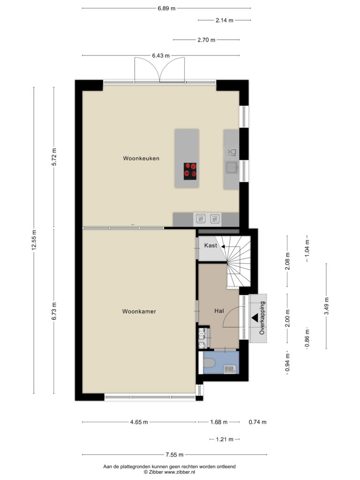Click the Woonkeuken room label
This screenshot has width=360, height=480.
(x=141, y=158)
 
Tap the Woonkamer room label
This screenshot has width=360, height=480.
(x=139, y=311)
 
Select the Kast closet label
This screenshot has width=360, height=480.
(x=210, y=245)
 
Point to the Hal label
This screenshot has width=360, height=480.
(x=219, y=311)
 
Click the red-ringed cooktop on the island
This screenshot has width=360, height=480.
(x=190, y=171)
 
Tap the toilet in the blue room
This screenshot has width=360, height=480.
(x=209, y=363)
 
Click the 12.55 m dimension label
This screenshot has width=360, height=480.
(x=34, y=240)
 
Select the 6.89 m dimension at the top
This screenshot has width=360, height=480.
(x=166, y=8)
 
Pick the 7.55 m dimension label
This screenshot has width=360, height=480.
(x=174, y=455)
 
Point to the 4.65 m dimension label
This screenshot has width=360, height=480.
(x=139, y=422)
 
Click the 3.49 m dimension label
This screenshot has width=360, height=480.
(x=327, y=306)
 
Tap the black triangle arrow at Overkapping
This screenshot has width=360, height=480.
(x=255, y=318)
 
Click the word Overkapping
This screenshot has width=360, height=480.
(x=262, y=318)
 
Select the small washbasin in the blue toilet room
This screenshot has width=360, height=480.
(x=229, y=369)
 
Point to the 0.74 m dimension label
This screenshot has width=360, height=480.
(x=257, y=422)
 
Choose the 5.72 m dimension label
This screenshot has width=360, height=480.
(x=54, y=157)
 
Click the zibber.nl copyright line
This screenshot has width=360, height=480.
(x=169, y=472)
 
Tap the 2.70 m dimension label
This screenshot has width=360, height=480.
(x=206, y=40)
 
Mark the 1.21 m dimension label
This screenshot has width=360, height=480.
(x=225, y=440)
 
